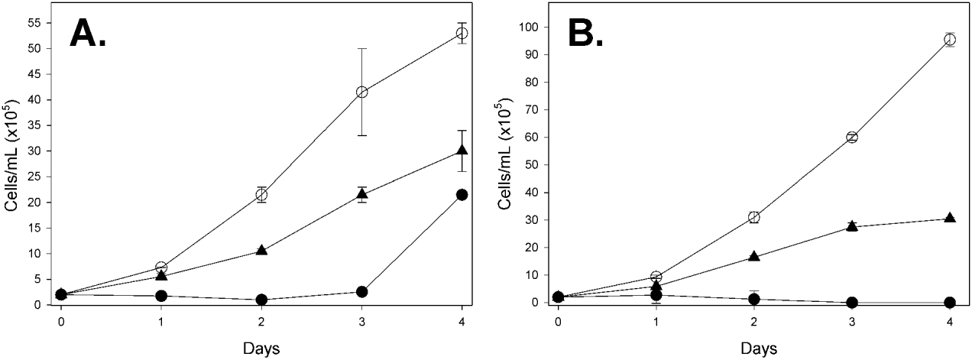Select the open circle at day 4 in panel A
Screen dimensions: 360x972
(x=462, y=33)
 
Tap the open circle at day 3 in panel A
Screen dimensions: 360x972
(x=362, y=92)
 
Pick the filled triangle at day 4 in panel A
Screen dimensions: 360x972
(x=462, y=150)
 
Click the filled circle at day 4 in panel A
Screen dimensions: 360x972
(x=462, y=195)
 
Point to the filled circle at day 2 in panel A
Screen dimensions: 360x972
(x=261, y=300)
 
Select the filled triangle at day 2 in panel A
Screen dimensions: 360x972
(x=261, y=250)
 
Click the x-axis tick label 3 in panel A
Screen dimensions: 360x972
(x=362, y=321)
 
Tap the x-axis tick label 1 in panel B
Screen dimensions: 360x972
(x=656, y=321)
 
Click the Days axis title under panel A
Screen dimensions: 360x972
(x=261, y=348)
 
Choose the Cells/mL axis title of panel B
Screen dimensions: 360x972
(x=505, y=164)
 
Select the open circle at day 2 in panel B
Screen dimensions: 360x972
(x=753, y=217)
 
